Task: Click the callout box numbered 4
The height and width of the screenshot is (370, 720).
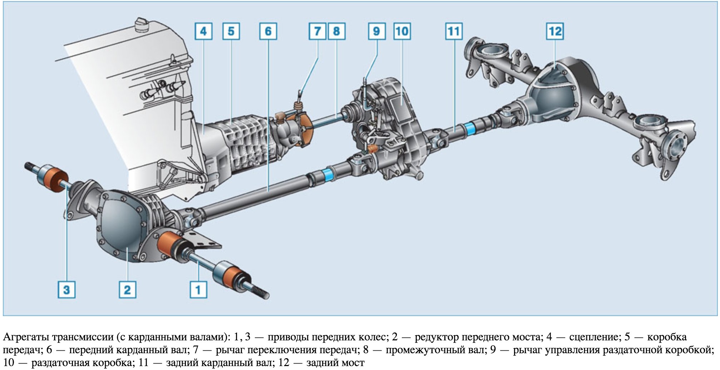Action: point(203,31)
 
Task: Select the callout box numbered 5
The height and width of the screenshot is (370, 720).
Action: point(231,31)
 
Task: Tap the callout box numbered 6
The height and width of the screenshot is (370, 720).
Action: point(268,31)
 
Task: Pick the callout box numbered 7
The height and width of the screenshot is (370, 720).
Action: point(317,31)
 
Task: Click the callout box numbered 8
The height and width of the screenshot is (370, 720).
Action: point(336,31)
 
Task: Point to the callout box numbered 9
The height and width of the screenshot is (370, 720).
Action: point(377,31)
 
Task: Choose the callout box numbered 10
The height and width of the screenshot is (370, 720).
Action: point(402,31)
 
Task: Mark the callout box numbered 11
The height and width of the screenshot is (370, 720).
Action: point(454,31)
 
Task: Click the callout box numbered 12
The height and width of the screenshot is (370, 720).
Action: point(555,31)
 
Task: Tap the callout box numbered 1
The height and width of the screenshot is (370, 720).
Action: point(198,289)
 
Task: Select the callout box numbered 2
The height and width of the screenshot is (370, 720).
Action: point(128,289)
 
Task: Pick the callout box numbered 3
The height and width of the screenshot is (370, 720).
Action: point(66,289)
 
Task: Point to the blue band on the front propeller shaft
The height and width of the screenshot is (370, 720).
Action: point(327,175)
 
